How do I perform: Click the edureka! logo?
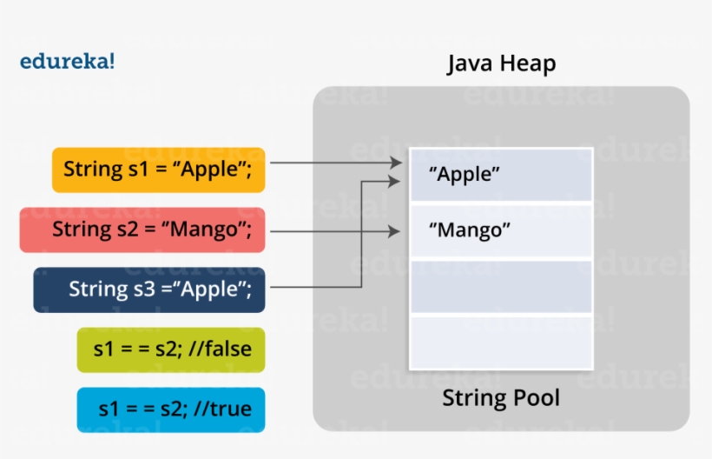[67, 62]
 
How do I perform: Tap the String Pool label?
[501, 398]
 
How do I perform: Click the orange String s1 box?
[158, 170]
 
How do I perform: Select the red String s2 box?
[142, 229]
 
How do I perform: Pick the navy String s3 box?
[148, 289]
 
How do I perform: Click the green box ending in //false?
[171, 349]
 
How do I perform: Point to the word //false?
[218, 349]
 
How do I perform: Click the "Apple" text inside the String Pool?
[465, 175]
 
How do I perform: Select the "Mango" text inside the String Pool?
[470, 231]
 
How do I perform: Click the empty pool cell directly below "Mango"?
[501, 287]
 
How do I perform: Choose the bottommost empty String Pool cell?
[501, 343]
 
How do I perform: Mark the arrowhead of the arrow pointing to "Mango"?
[395, 231]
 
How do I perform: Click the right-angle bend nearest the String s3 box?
[361, 288]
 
